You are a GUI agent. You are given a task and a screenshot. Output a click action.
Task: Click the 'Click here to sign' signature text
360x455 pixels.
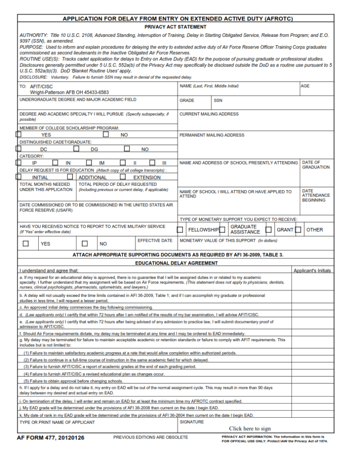click(x=250, y=428)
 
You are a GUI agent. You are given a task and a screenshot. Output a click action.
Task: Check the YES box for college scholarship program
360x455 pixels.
click(x=19, y=134)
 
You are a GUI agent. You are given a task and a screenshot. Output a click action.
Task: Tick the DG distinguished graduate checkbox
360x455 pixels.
click(x=76, y=149)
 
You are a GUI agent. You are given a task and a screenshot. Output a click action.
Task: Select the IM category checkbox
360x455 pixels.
click(x=89, y=163)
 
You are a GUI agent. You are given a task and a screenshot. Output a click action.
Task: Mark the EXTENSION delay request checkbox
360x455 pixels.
click(x=123, y=177)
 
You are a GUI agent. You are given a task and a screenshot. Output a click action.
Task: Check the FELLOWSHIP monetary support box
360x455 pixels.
click(x=180, y=230)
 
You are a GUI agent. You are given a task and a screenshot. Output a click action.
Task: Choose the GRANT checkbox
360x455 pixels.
click(x=269, y=230)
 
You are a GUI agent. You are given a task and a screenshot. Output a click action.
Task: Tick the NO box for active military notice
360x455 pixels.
click(x=85, y=243)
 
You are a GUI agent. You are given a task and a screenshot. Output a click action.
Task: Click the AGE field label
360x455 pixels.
click(x=305, y=86)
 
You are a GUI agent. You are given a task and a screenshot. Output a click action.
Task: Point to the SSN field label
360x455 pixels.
click(x=218, y=100)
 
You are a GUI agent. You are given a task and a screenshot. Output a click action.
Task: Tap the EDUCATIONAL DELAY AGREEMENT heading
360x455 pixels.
click(x=176, y=263)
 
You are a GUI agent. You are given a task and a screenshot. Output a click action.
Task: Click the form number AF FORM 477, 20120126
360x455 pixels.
click(x=50, y=438)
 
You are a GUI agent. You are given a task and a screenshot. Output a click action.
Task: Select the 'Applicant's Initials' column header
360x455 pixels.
click(x=312, y=271)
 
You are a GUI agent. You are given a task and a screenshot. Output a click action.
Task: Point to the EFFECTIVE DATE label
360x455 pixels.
click(x=155, y=240)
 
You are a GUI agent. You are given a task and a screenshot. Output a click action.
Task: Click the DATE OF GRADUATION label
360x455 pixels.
click(x=316, y=165)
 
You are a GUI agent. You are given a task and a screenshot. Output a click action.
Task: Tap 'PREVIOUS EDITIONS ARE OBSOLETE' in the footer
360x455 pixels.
click(x=151, y=438)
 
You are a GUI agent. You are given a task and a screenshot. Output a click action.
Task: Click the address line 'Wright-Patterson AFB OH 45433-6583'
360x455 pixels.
click(x=69, y=92)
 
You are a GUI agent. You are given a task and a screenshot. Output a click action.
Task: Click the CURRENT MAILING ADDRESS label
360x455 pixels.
click(x=209, y=114)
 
